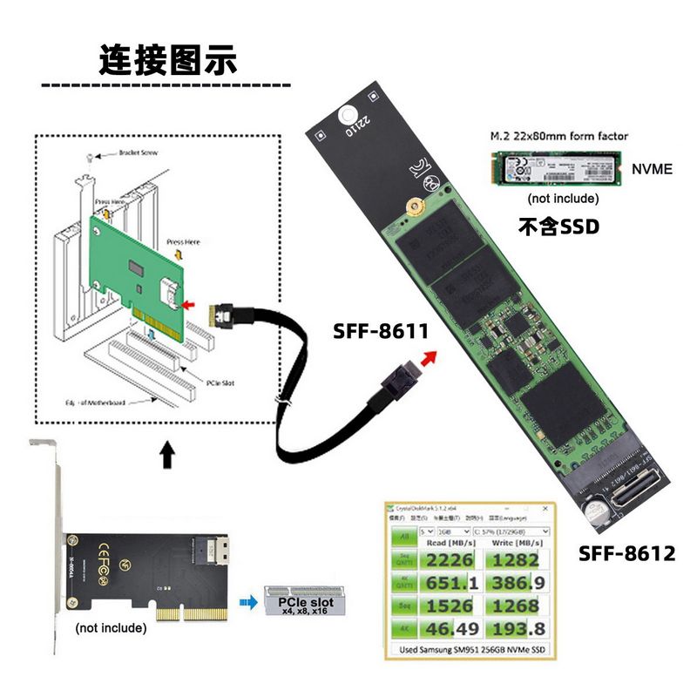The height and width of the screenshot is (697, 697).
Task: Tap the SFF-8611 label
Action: tap(380, 331)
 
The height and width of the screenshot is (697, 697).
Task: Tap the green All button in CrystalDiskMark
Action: tap(403, 537)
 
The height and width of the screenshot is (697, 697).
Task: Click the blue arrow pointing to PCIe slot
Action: tap(250, 601)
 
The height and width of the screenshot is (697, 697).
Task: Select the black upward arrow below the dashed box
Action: tap(167, 454)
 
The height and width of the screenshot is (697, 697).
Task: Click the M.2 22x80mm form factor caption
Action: tap(558, 136)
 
